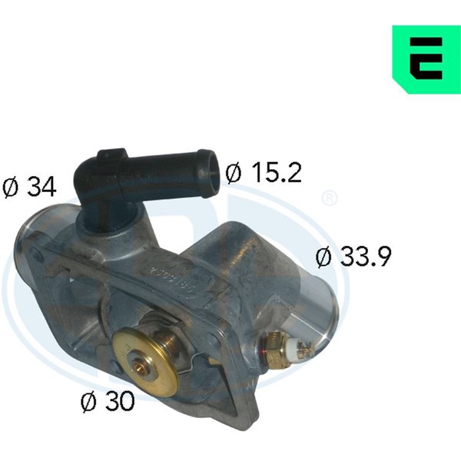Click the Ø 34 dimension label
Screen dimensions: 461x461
click(x=29, y=187)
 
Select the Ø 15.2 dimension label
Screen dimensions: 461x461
click(x=264, y=172)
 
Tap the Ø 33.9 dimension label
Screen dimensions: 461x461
click(x=353, y=257)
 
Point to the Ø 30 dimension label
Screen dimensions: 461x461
click(x=108, y=402)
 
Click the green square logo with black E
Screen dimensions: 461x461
click(x=426, y=59)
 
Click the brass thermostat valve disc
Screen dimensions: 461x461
click(x=145, y=362)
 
